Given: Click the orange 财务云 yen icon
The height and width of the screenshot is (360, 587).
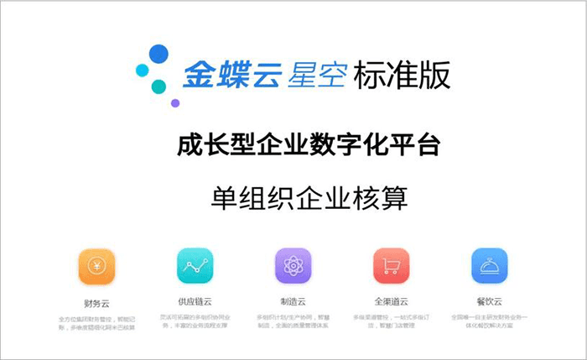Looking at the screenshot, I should pyautogui.click(x=96, y=267).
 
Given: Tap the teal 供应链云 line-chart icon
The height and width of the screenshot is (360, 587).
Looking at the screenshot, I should pyautogui.click(x=195, y=267).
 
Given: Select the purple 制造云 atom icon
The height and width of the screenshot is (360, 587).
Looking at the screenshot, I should pyautogui.click(x=293, y=267).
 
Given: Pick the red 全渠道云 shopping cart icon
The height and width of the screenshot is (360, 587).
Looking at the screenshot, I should pyautogui.click(x=391, y=267).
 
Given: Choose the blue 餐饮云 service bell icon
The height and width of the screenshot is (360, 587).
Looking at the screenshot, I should pyautogui.click(x=488, y=267).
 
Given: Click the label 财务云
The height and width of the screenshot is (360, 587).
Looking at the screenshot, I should pyautogui.click(x=96, y=300).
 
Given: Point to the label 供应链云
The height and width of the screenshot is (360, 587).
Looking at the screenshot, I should pyautogui.click(x=195, y=300).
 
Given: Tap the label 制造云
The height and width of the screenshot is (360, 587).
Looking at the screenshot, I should pyautogui.click(x=293, y=300).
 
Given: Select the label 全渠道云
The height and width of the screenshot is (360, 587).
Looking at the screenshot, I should pyautogui.click(x=391, y=300).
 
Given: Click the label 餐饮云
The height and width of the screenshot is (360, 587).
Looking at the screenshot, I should pyautogui.click(x=488, y=300).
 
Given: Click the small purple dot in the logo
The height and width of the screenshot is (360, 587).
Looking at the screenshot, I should pyautogui.click(x=175, y=103).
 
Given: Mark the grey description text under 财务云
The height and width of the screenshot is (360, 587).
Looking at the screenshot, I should pyautogui.click(x=96, y=322).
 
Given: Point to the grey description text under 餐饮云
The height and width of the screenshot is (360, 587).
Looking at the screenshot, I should pyautogui.click(x=488, y=322).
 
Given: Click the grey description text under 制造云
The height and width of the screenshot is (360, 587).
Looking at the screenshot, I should pyautogui.click(x=293, y=322).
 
